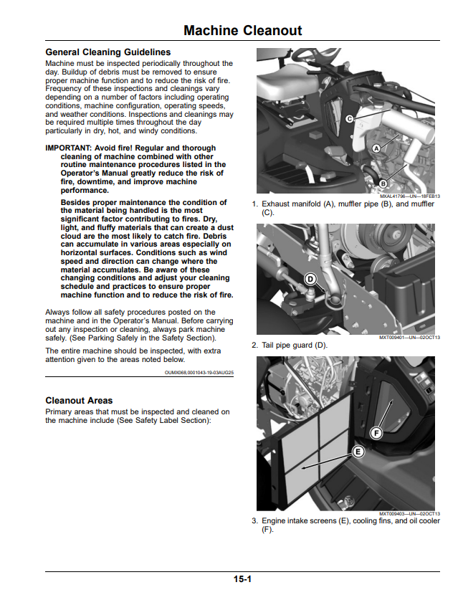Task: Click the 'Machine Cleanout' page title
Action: click(242, 30)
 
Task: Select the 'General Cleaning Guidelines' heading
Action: click(108, 52)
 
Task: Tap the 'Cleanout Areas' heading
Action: click(79, 400)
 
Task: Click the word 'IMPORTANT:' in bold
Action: click(69, 148)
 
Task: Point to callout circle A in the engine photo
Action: click(376, 148)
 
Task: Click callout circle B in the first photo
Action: click(383, 184)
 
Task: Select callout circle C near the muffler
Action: click(350, 119)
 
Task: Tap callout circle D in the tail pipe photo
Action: click(310, 280)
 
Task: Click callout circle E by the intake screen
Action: click(358, 452)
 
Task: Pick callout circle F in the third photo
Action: click(376, 433)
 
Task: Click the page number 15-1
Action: click(242, 579)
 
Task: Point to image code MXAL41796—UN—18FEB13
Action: click(410, 196)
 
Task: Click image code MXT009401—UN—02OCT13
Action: click(409, 338)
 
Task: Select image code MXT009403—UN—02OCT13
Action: click(409, 514)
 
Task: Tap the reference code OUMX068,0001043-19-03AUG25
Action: click(199, 373)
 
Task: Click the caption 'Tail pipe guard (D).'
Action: click(295, 346)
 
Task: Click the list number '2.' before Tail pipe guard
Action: click(254, 346)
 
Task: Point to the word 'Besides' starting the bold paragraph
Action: click(75, 203)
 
